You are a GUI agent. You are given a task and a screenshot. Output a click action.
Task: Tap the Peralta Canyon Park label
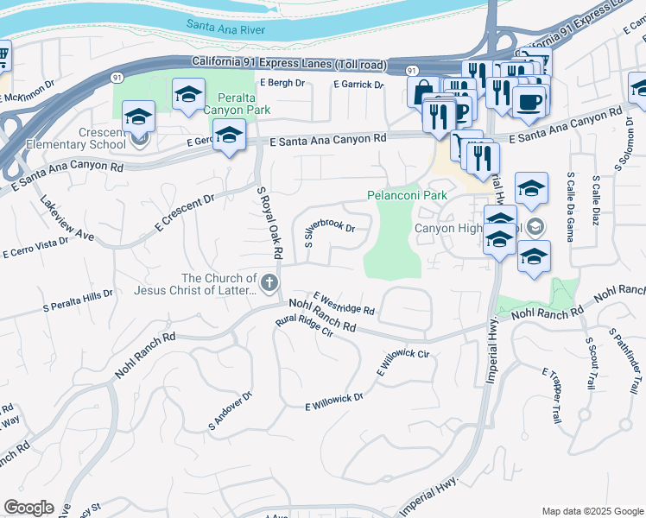[x=231, y=103]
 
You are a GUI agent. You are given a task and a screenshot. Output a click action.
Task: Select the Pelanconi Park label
[x=407, y=195]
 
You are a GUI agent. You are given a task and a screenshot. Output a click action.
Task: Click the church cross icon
[x=270, y=281]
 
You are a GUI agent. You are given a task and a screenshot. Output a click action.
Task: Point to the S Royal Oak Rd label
[x=270, y=222]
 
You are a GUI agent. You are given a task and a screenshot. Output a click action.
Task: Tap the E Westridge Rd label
[x=344, y=302]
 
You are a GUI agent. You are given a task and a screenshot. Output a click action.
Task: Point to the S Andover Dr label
[x=229, y=412]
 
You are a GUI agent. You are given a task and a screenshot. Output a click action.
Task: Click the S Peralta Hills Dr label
[x=78, y=300]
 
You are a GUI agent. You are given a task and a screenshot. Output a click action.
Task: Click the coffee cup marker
[x=529, y=101]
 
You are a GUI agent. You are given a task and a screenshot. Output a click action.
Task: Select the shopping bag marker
[x=423, y=92]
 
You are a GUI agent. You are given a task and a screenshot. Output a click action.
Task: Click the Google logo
[x=28, y=508]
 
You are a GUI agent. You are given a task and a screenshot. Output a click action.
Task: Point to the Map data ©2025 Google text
[x=592, y=511]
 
